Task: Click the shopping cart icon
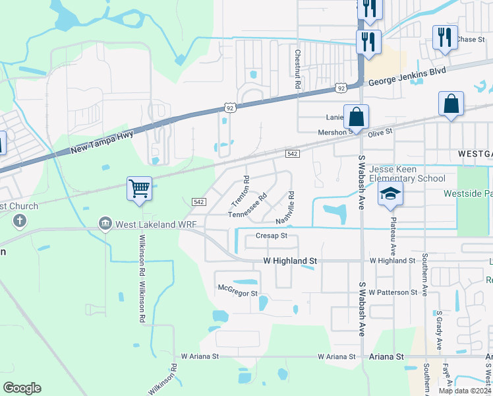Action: coord(140,189)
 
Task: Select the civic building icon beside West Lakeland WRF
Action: coord(105,224)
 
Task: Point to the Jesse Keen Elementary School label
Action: coord(407,174)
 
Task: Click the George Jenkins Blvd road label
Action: coord(407,76)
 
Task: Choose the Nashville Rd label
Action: coord(286,207)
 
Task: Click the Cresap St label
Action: coord(271,236)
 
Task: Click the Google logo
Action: coord(22,388)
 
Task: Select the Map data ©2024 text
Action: coord(465,391)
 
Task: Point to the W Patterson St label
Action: coord(393,292)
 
